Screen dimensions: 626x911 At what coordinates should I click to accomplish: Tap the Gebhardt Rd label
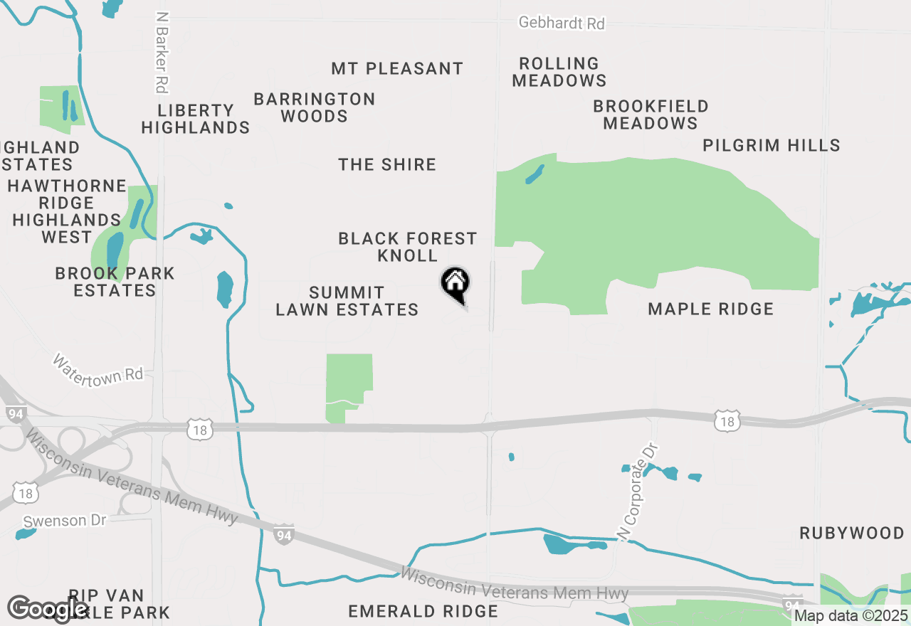click(562, 23)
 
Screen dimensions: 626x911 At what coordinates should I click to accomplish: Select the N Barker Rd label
click(162, 52)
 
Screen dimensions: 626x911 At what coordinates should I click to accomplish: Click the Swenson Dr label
click(64, 521)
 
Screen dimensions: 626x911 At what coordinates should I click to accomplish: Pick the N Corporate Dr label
click(639, 491)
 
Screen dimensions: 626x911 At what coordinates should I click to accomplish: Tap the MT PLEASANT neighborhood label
click(397, 68)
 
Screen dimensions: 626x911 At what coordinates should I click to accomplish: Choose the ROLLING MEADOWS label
click(559, 72)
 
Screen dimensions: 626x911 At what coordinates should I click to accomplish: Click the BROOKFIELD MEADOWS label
click(651, 115)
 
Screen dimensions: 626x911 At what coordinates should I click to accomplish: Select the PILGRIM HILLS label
click(772, 145)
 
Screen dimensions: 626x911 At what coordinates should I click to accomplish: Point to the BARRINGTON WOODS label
click(315, 107)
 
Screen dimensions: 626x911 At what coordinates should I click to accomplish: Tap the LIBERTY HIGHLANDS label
click(196, 119)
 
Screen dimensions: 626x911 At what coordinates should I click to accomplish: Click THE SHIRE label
click(387, 164)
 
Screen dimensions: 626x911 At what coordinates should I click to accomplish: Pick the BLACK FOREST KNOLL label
click(408, 247)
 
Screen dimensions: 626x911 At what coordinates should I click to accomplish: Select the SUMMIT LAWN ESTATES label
click(347, 301)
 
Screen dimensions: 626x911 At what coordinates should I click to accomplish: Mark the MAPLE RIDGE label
click(710, 309)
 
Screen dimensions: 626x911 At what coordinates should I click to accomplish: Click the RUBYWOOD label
click(852, 533)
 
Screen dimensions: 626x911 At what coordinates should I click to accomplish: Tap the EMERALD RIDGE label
click(423, 611)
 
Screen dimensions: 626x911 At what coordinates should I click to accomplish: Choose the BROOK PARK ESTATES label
click(115, 282)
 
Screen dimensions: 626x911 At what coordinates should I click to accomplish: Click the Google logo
click(48, 609)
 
